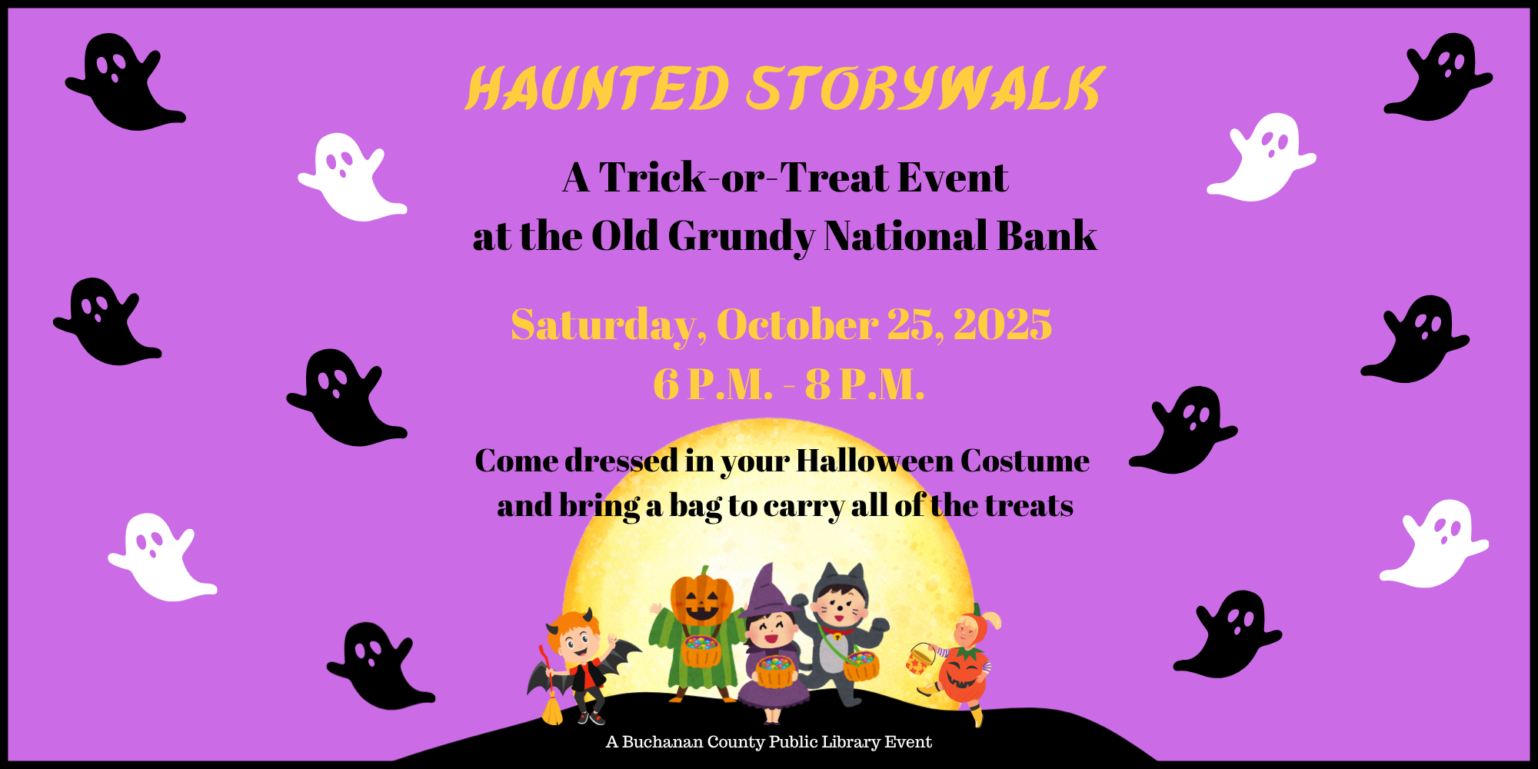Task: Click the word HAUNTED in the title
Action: (598, 88)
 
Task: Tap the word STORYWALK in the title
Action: (926, 88)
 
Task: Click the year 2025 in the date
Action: (1003, 325)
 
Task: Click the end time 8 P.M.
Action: (864, 384)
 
